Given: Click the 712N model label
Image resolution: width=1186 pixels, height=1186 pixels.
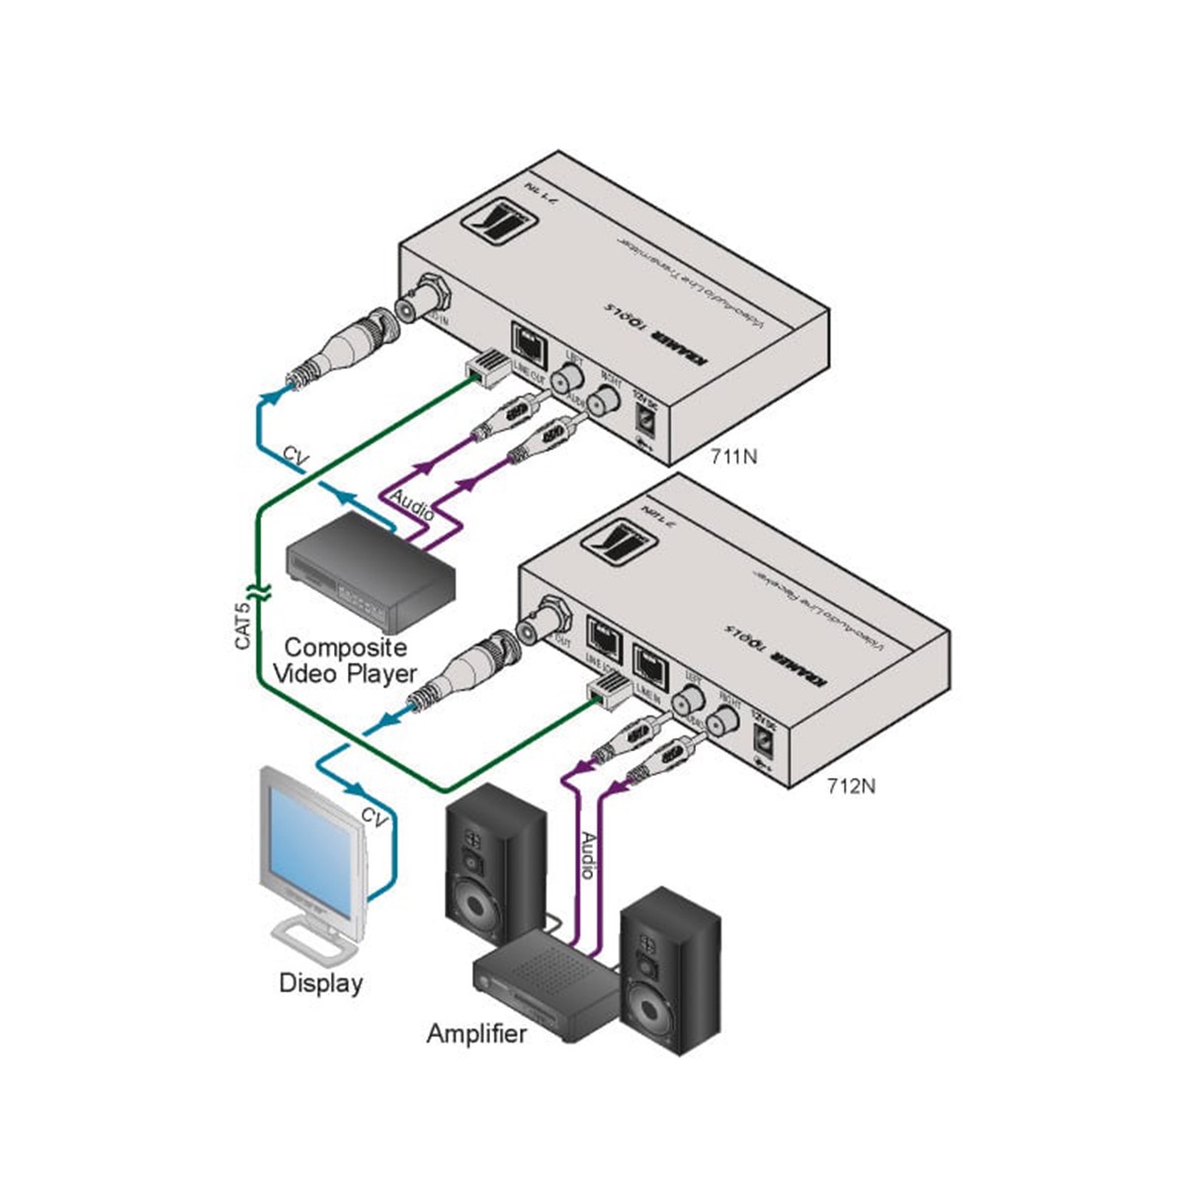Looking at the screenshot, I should click(x=851, y=787).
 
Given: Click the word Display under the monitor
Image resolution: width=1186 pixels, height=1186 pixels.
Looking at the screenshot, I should click(x=320, y=983).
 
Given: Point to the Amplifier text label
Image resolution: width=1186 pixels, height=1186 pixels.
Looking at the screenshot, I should click(x=476, y=1034).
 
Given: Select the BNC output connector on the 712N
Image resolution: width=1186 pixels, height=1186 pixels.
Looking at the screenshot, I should click(x=546, y=619).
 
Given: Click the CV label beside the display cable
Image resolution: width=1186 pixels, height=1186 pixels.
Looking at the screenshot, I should click(x=374, y=817).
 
